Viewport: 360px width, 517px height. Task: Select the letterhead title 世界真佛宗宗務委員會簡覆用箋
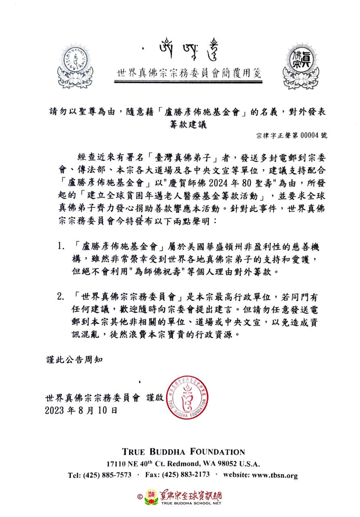pyautogui.click(x=189, y=74)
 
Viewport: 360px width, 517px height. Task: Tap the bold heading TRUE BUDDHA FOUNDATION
pyautogui.click(x=183, y=452)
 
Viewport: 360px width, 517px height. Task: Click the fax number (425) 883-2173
pyautogui.click(x=188, y=475)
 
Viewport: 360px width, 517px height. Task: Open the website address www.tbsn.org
pyautogui.click(x=271, y=475)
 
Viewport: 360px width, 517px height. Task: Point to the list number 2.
pyautogui.click(x=61, y=297)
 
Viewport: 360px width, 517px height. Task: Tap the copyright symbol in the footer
pyautogui.click(x=140, y=496)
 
